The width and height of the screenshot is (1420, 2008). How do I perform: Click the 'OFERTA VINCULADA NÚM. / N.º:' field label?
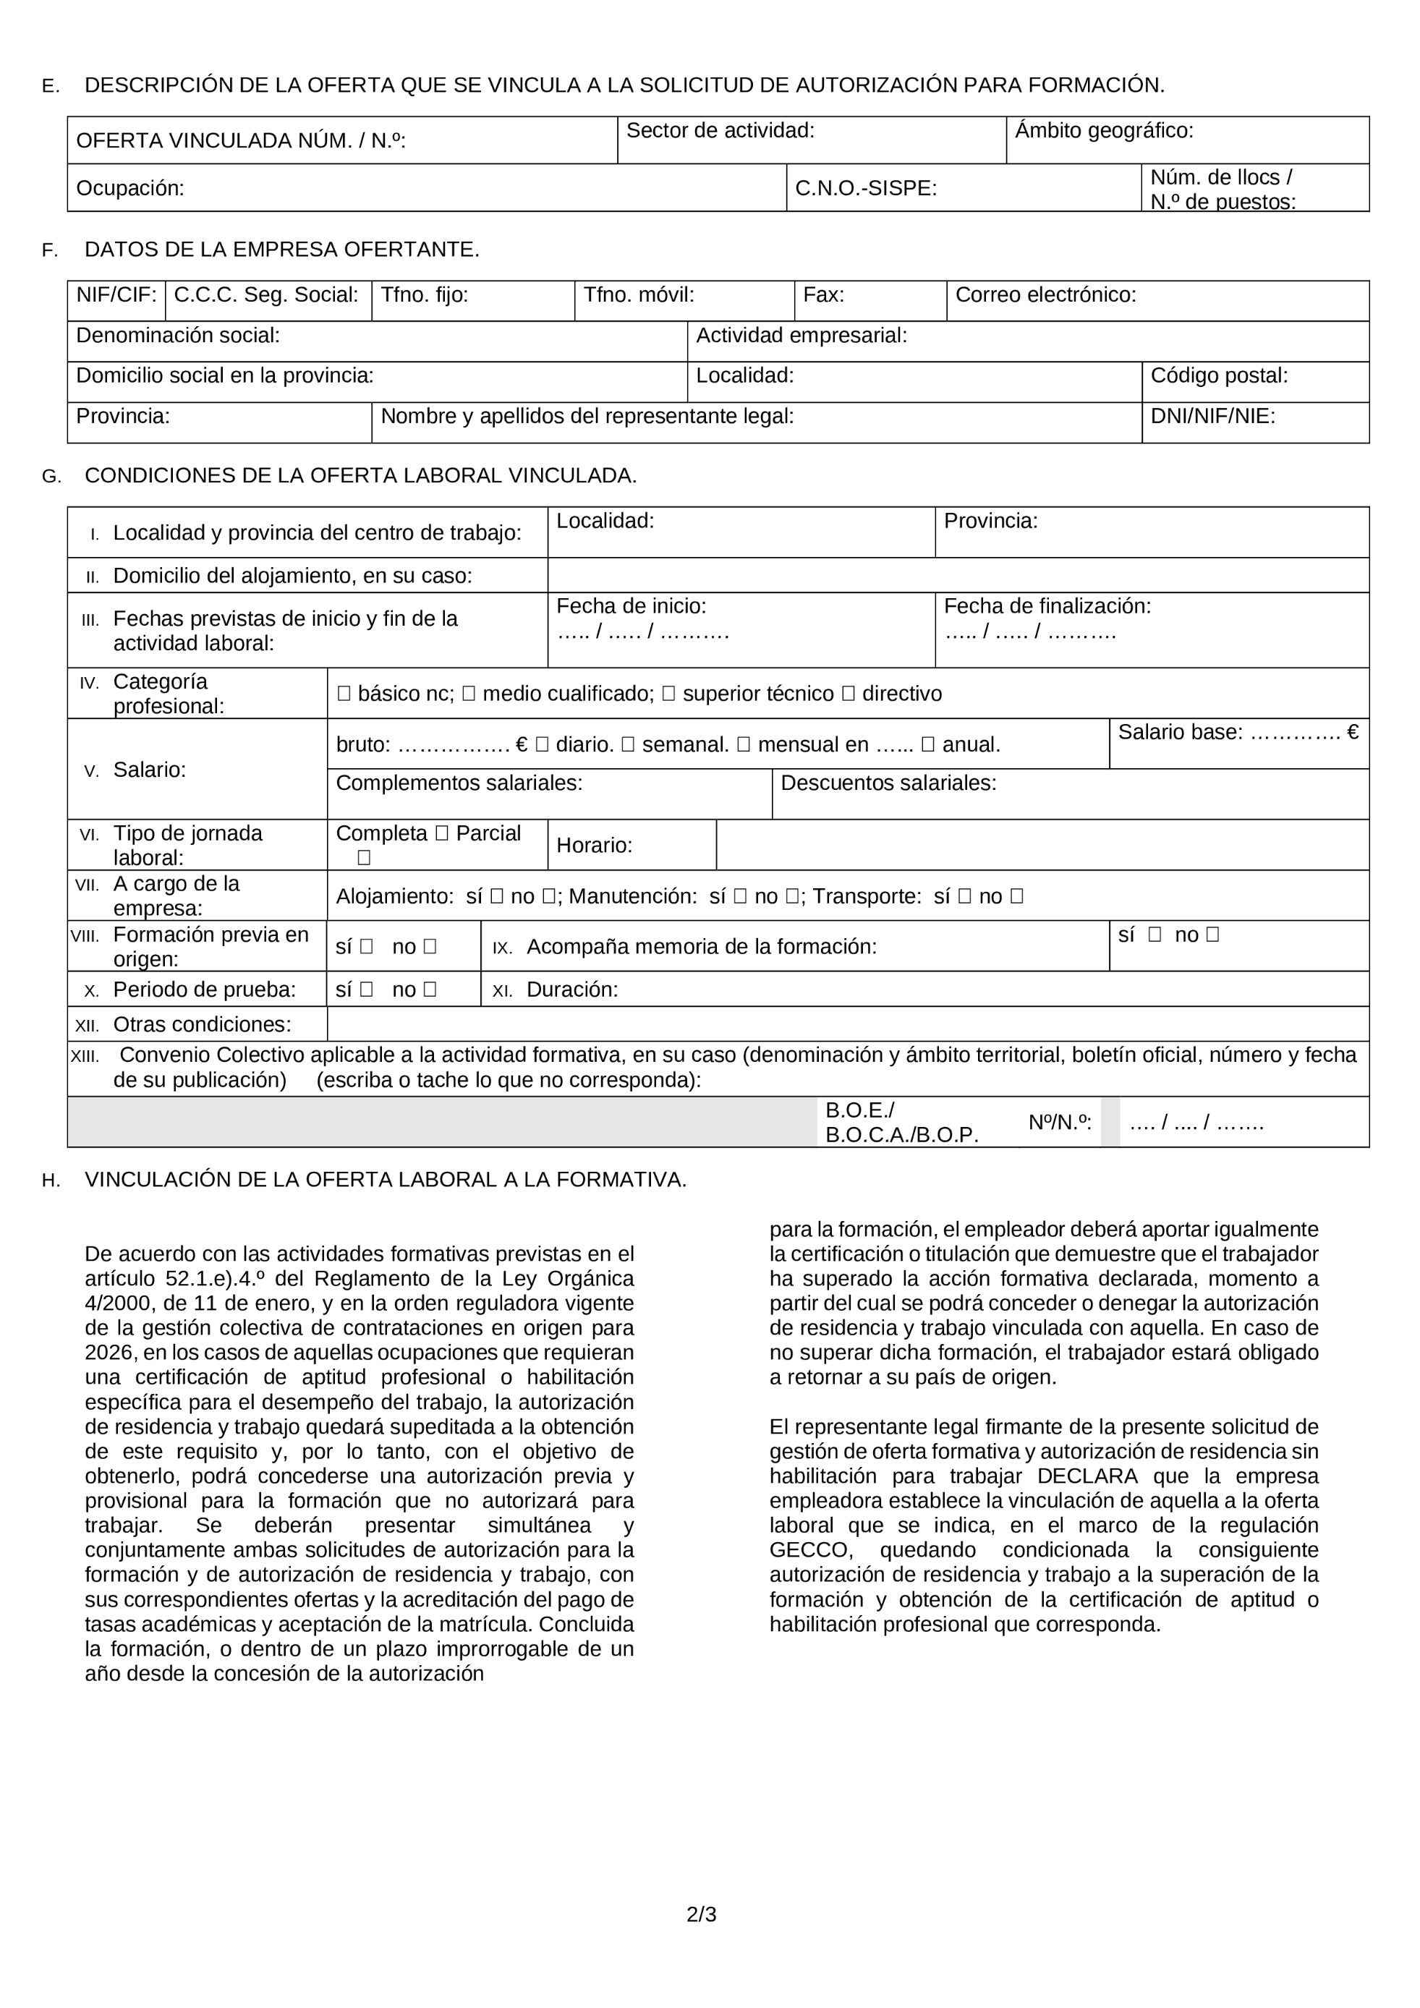240,141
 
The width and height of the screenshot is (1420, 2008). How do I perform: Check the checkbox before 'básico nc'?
344,694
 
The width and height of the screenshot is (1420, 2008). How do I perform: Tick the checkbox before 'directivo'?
847,694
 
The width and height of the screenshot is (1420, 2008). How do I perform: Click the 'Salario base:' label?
1180,733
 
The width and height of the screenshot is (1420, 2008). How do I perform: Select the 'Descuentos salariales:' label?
888,783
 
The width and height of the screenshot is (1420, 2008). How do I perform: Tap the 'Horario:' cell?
594,846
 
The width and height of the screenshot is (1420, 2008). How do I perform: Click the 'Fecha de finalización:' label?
1047,606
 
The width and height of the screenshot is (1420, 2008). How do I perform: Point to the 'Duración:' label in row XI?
572,990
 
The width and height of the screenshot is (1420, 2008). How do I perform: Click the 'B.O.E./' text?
859,1111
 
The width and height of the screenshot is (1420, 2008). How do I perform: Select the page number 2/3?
701,1915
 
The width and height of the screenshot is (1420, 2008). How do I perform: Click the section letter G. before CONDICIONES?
51,477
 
